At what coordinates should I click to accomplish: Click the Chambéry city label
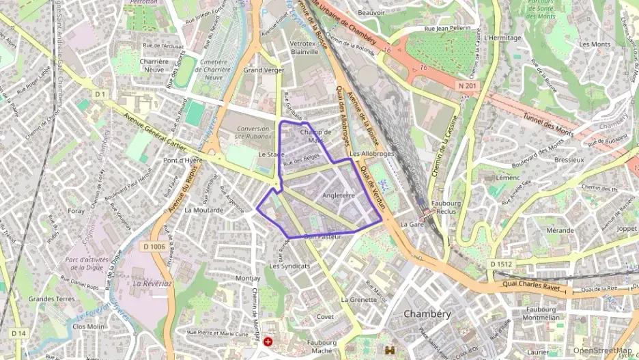tap(427, 314)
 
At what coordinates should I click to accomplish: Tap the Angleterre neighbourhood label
tap(339, 195)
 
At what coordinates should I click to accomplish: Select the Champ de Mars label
tap(315, 136)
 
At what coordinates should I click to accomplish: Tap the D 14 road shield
tap(18, 333)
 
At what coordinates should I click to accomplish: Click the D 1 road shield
tap(101, 94)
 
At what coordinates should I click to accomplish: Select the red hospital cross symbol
tap(268, 340)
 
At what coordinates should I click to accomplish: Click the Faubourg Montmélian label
tap(543, 314)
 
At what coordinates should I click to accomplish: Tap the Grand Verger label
tap(263, 70)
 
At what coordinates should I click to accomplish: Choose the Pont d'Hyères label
tap(184, 161)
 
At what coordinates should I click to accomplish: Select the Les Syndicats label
tap(289, 266)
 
